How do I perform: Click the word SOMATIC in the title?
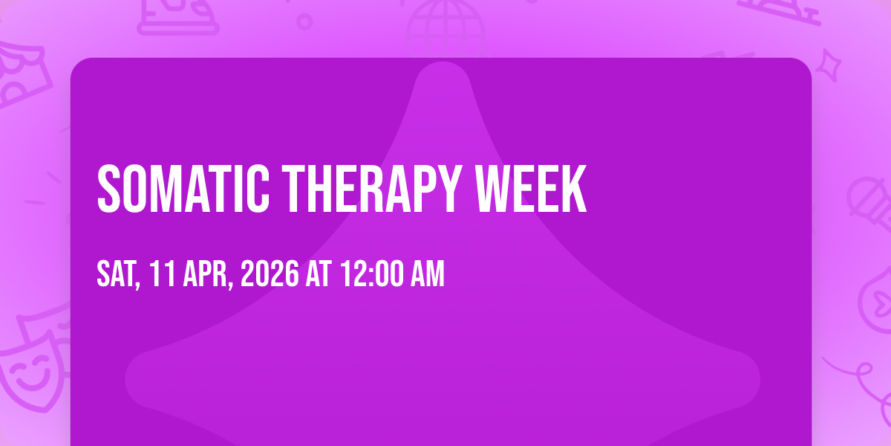(183, 189)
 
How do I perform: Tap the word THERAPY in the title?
(372, 189)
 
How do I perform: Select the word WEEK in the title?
(531, 189)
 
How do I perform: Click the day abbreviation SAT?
(118, 274)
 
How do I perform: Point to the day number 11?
(163, 274)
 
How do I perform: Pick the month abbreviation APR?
(207, 274)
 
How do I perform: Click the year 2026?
(270, 274)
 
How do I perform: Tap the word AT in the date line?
(319, 274)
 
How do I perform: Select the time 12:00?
(372, 274)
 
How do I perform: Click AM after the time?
(428, 274)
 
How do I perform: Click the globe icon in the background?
(446, 27)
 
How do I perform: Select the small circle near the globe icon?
(304, 22)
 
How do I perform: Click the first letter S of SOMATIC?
(108, 189)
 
